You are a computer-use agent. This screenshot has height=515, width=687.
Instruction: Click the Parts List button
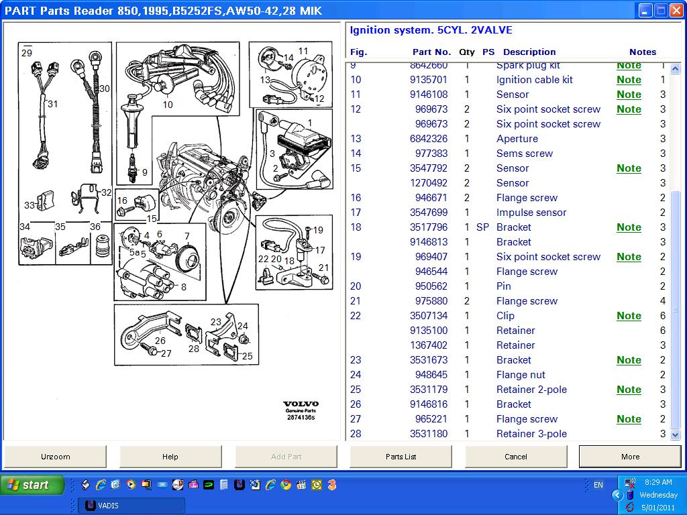(401, 457)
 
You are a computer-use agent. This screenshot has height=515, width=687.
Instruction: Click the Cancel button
(515, 457)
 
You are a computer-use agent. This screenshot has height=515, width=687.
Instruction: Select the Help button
(170, 457)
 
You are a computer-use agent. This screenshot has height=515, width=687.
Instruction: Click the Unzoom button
(55, 457)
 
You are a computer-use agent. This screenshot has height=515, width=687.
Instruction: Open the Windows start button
(32, 485)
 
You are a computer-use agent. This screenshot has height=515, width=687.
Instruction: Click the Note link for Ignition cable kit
(629, 80)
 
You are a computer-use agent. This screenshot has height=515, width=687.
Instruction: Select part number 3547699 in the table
(429, 213)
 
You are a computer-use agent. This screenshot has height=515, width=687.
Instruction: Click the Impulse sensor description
(531, 213)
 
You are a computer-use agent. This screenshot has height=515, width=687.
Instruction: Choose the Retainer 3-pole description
(531, 434)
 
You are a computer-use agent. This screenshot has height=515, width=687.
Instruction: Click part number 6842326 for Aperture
(429, 139)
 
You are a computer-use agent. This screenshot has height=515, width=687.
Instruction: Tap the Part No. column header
(431, 52)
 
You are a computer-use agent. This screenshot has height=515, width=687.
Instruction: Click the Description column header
(529, 52)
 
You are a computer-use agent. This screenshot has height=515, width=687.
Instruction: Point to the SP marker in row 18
(482, 227)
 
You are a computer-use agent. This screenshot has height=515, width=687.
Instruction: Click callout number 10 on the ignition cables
(168, 104)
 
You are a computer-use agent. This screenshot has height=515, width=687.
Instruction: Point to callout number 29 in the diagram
(27, 53)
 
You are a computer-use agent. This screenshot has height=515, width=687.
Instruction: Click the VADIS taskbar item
(131, 506)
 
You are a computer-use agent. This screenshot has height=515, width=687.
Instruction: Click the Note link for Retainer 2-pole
(629, 390)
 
